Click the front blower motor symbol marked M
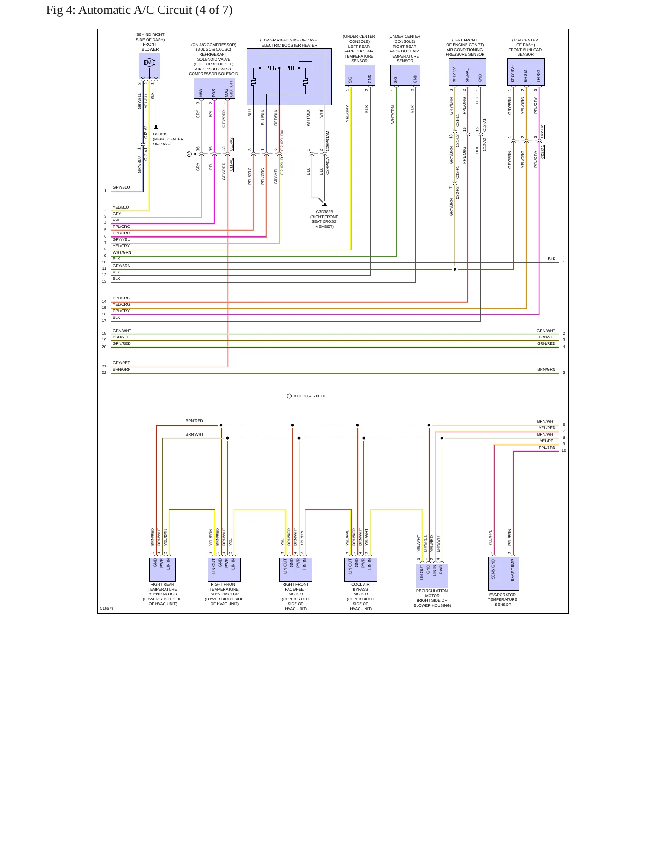coord(149,63)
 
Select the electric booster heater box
coord(289,76)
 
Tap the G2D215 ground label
coord(160,134)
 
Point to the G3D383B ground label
coord(324,212)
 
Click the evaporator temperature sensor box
coord(503,574)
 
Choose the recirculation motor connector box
coord(432,576)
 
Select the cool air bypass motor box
coord(360,569)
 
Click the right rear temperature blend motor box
coord(162,569)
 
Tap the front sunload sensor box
coord(526,72)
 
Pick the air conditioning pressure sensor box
coord(467,72)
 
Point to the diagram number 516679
coord(107,608)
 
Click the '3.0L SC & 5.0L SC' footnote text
coord(310,396)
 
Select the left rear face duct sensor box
coord(360,75)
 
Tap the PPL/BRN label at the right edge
coord(547,448)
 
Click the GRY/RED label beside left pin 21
coord(122,363)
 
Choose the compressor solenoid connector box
coord(214,88)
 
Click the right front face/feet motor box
coord(295,569)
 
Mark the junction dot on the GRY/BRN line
coord(455,269)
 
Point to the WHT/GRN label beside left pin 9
coord(122,252)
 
